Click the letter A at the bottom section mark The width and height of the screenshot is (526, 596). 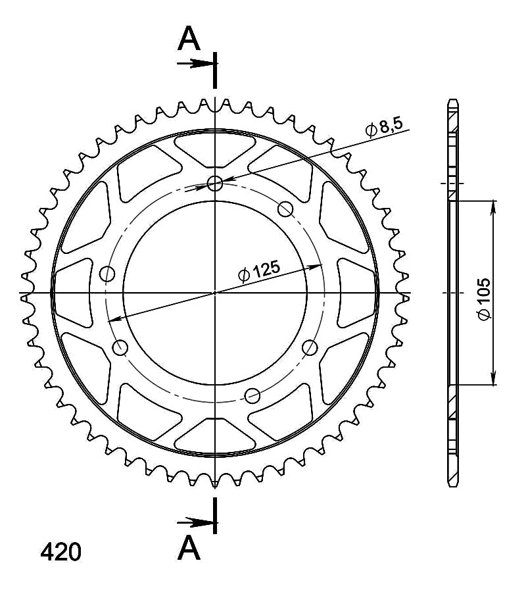[x=189, y=547]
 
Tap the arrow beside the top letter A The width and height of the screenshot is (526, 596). [x=196, y=64]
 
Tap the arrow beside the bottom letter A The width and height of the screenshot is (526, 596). [x=196, y=522]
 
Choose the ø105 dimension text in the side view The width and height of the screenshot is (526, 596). [x=484, y=299]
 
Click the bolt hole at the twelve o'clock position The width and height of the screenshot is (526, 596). [x=215, y=184]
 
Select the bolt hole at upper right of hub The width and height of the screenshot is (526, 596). [x=285, y=209]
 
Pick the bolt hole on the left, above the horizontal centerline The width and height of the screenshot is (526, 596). [x=107, y=274]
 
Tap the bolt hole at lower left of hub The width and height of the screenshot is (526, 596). [x=120, y=348]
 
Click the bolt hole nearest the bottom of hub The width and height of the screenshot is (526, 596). [x=252, y=395]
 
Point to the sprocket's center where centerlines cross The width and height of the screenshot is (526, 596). [x=215, y=293]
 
